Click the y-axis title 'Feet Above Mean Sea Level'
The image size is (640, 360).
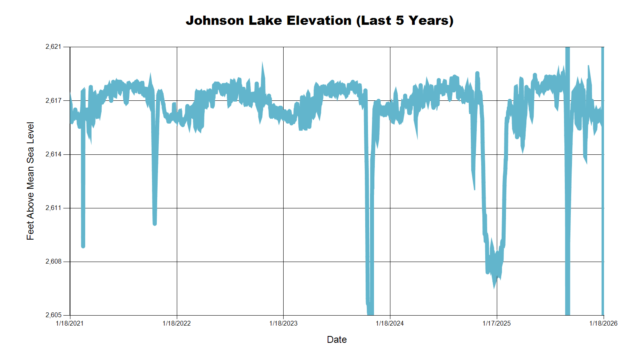tap(30, 181)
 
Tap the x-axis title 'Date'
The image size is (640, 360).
tap(336, 340)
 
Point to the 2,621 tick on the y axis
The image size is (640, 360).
tap(54, 47)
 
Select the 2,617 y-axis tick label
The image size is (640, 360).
tap(54, 100)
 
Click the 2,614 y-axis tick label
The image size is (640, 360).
tap(54, 154)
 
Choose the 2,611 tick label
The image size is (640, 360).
tap(54, 208)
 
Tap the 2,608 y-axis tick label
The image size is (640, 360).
tap(54, 262)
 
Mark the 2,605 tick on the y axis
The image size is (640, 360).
tap(54, 315)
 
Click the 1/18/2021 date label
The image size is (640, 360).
tap(70, 323)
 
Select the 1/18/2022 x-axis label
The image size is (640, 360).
tap(176, 323)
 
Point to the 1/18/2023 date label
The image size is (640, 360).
tap(283, 323)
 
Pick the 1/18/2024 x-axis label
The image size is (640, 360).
tap(390, 323)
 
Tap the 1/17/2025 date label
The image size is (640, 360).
tap(496, 323)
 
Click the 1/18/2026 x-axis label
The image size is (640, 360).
tap(603, 323)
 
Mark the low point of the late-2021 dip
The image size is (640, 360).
tap(155, 223)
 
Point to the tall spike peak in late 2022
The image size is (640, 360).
tap(262, 63)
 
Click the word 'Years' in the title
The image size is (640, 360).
tap(428, 20)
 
